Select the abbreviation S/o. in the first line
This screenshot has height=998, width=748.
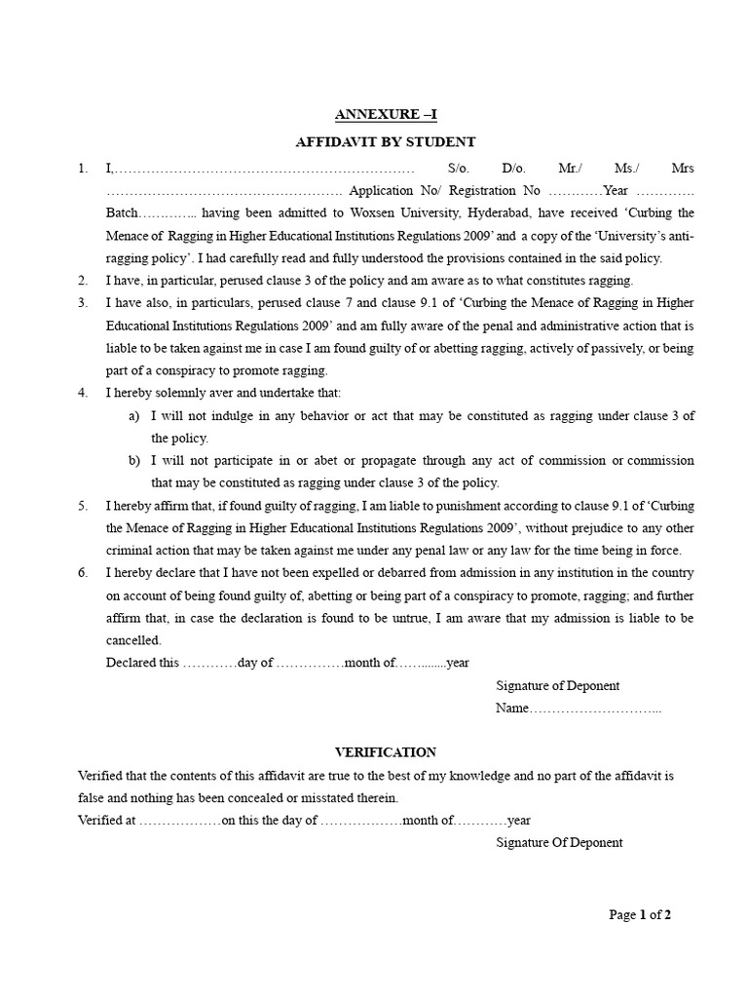click(x=459, y=168)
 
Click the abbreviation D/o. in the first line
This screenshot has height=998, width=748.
click(x=513, y=168)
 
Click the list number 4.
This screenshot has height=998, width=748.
click(x=83, y=393)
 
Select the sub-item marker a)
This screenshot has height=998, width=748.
click(x=134, y=415)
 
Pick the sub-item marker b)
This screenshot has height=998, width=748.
click(x=134, y=460)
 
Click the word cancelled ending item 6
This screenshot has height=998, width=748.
click(x=133, y=640)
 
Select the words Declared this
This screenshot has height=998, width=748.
click(x=142, y=663)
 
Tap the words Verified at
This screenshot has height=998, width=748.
click(x=107, y=821)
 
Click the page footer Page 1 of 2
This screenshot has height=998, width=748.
click(x=640, y=914)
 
